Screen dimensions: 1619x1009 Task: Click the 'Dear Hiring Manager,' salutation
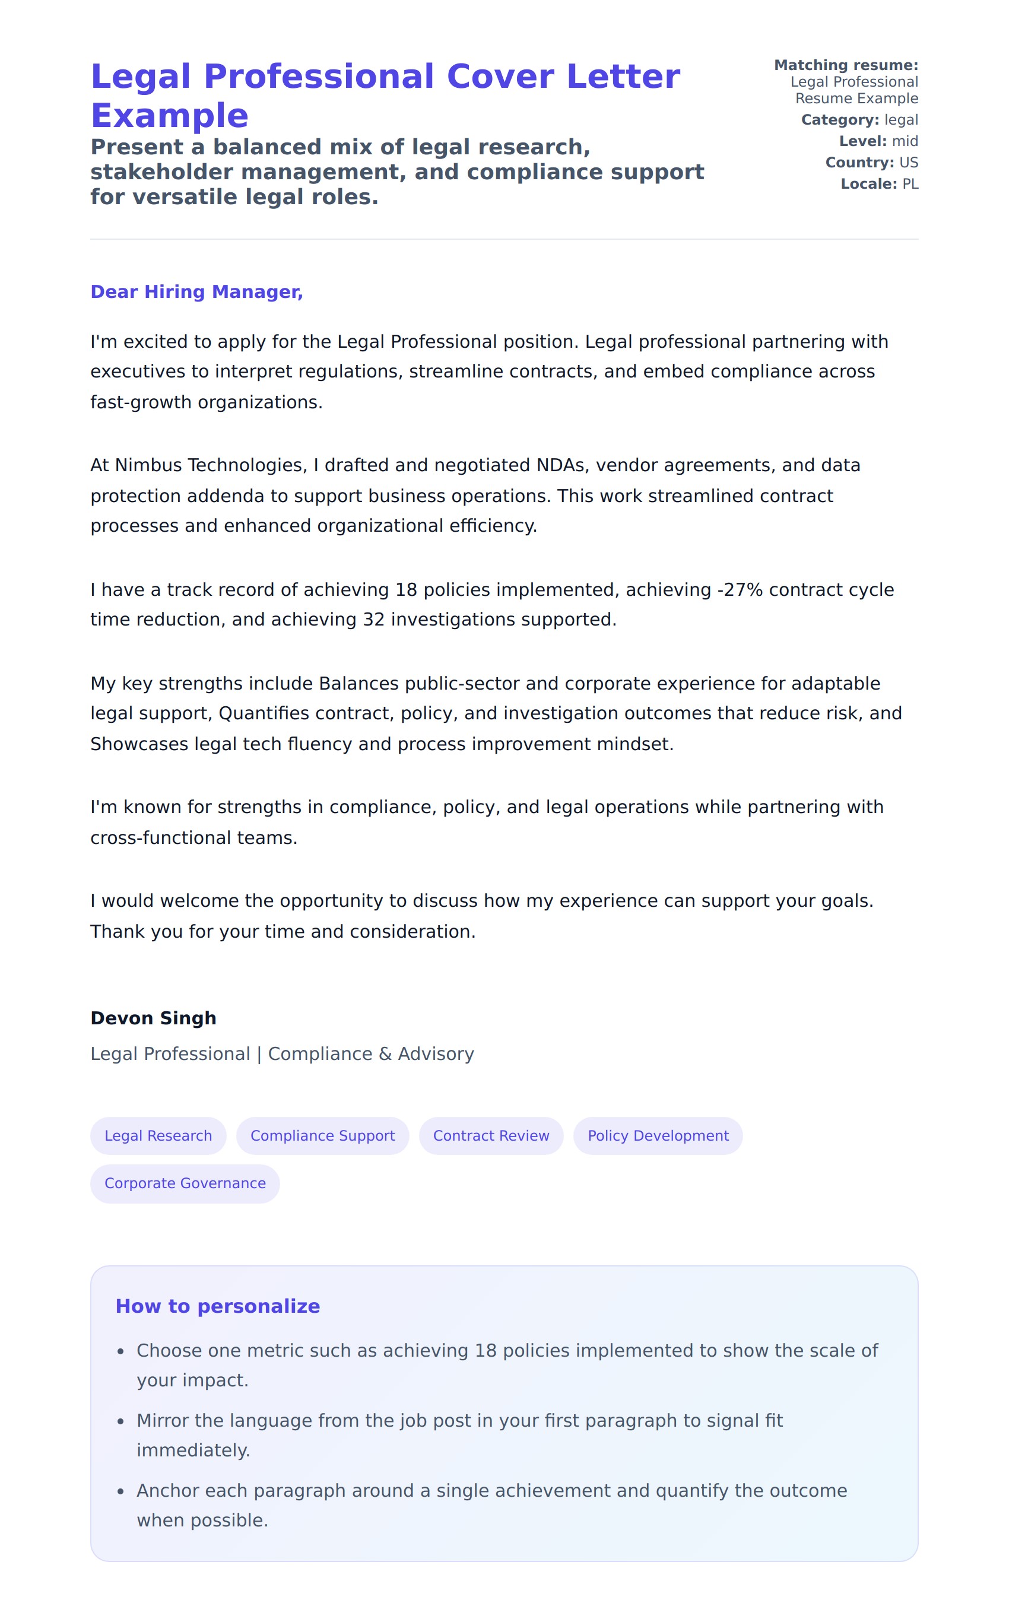(x=196, y=291)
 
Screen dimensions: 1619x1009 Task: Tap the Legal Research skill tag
(x=158, y=1135)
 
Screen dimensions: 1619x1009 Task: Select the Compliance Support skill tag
(x=322, y=1135)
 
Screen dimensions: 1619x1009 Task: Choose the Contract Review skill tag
(x=491, y=1135)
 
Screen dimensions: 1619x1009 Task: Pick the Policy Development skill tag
(x=658, y=1135)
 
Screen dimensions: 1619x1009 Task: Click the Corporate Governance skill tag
(x=185, y=1183)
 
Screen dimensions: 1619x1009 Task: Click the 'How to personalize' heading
(x=218, y=1306)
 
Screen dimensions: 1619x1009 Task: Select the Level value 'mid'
(x=905, y=141)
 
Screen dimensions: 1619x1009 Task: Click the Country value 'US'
(x=908, y=163)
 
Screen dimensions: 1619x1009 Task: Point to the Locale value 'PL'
(x=910, y=184)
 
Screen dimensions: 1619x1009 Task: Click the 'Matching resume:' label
(x=846, y=65)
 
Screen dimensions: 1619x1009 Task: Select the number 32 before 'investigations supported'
(x=374, y=620)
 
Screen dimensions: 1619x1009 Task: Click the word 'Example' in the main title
(x=170, y=116)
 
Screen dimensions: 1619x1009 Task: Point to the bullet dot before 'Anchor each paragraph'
(x=121, y=1491)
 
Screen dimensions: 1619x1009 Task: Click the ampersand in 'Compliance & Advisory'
(x=385, y=1054)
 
